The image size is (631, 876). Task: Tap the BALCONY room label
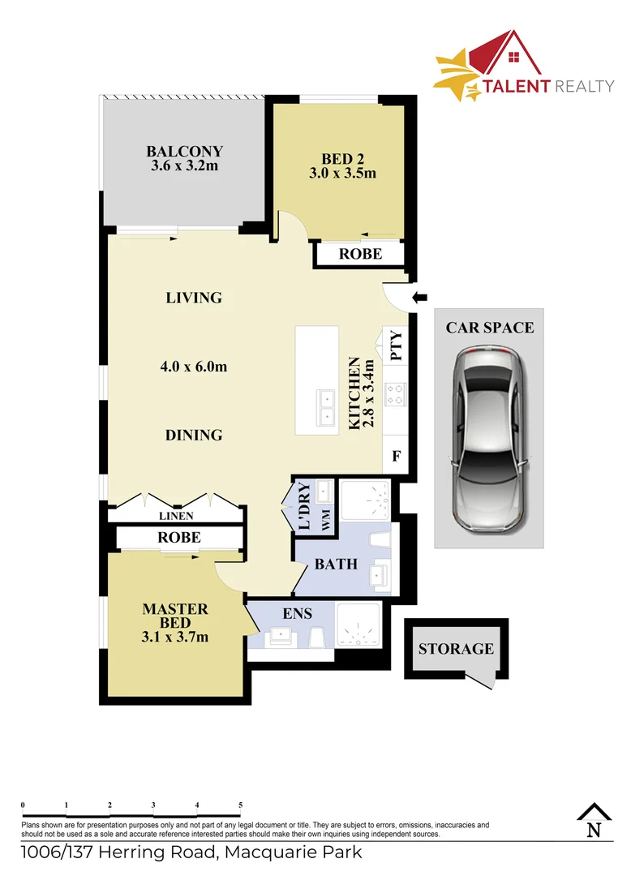tap(184, 151)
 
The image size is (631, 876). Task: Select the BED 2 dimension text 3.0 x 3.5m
tap(342, 174)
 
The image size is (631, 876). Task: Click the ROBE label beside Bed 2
tap(360, 254)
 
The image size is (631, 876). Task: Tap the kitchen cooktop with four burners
tap(395, 393)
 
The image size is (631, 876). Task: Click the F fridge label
tap(397, 456)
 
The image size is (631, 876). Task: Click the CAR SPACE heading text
tap(490, 328)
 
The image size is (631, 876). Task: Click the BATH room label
tap(336, 563)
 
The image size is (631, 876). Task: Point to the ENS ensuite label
tap(298, 614)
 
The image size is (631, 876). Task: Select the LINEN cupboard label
tap(175, 515)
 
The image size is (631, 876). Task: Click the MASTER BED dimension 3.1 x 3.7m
tap(174, 637)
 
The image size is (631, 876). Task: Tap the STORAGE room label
tap(456, 649)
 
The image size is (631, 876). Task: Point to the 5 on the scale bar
tap(241, 805)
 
